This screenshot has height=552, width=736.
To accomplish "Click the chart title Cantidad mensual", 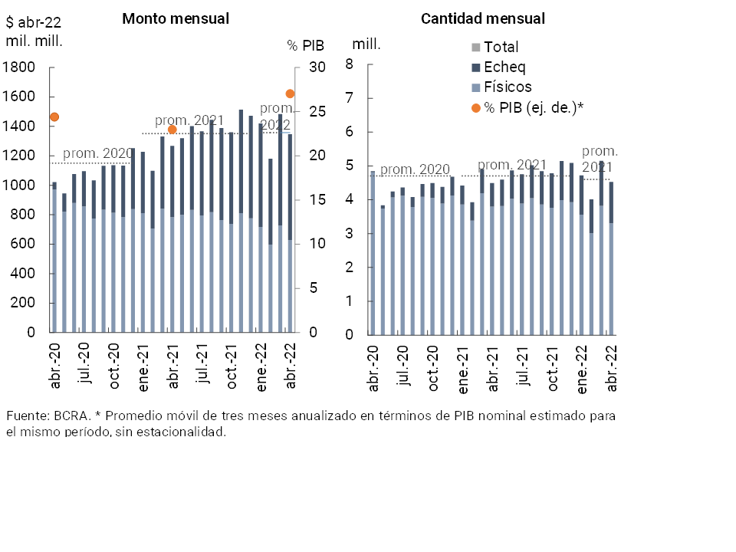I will (x=483, y=18).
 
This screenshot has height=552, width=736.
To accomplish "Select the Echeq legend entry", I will (x=504, y=67).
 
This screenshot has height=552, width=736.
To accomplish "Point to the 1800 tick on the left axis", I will (x=20, y=67).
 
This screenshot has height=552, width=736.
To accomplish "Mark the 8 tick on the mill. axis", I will (x=350, y=64).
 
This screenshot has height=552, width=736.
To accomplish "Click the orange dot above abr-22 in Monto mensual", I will (x=291, y=94).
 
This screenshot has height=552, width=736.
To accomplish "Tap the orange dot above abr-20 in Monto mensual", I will (x=54, y=117).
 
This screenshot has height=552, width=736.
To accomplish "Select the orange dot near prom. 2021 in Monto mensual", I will (x=172, y=130).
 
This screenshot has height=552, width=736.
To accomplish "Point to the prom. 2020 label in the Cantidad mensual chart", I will (x=415, y=169).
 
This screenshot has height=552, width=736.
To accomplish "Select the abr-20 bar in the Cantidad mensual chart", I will (x=373, y=253).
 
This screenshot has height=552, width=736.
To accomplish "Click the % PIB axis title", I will (x=306, y=45).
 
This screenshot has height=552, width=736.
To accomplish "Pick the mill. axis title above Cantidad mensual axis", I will (x=366, y=44).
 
